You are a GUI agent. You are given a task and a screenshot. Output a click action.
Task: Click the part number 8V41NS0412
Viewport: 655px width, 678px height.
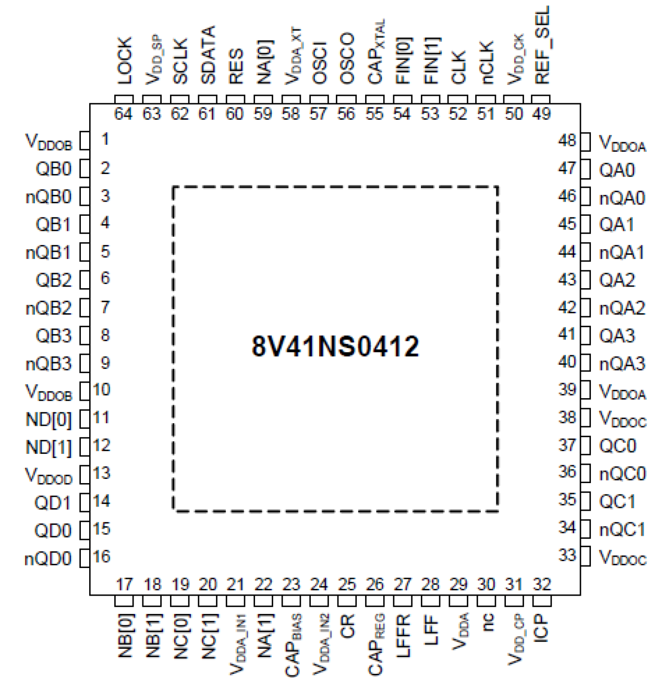pyautogui.click(x=335, y=346)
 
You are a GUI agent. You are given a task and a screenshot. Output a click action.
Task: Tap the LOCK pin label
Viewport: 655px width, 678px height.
pyautogui.click(x=124, y=60)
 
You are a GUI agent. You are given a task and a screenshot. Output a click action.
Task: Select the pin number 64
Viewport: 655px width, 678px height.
pyautogui.click(x=124, y=114)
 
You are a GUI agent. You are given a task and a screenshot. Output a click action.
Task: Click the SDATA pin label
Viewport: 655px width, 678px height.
pyautogui.click(x=208, y=55)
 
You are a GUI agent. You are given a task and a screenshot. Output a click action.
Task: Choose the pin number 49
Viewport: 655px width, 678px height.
pyautogui.click(x=542, y=114)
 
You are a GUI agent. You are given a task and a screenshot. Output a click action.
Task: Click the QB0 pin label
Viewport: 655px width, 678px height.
pyautogui.click(x=53, y=169)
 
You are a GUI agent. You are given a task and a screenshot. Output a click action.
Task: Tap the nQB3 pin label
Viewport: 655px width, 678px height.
pyautogui.click(x=48, y=363)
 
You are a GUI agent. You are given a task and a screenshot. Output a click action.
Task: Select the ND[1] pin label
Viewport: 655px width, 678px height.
pyautogui.click(x=48, y=447)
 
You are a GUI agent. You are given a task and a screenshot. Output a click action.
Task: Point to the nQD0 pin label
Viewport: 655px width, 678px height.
pyautogui.click(x=48, y=559)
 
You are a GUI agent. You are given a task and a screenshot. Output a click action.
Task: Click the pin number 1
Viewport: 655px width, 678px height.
pyautogui.click(x=105, y=139)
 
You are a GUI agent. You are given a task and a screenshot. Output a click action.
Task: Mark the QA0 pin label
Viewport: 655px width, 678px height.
pyautogui.click(x=617, y=170)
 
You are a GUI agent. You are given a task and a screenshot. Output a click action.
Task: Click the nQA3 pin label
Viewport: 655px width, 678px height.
pyautogui.click(x=622, y=363)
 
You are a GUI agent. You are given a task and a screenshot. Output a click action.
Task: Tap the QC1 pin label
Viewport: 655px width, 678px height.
pyautogui.click(x=617, y=501)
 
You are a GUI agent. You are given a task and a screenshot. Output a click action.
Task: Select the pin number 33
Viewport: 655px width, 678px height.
pyautogui.click(x=567, y=555)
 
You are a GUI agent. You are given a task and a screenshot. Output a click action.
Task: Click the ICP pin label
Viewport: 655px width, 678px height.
pyautogui.click(x=542, y=627)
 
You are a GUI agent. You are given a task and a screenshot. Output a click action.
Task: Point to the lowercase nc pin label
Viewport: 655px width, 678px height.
pyautogui.click(x=487, y=622)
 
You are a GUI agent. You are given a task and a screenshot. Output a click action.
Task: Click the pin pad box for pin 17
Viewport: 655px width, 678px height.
pyautogui.click(x=124, y=601)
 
